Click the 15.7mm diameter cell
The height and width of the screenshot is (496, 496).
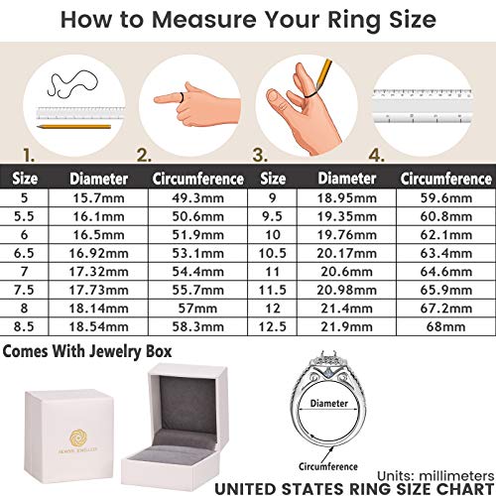pos(98,197)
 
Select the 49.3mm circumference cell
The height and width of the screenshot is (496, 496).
pos(197,197)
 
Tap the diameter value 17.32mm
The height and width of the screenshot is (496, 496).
pos(98,270)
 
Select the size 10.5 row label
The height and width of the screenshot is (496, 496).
pos(274,252)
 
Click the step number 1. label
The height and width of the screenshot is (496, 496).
pos(28,155)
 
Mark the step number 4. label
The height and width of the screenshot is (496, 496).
pos(377,155)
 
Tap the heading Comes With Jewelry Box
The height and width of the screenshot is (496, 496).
pos(87,352)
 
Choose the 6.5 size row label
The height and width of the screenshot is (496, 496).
pos(24,252)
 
